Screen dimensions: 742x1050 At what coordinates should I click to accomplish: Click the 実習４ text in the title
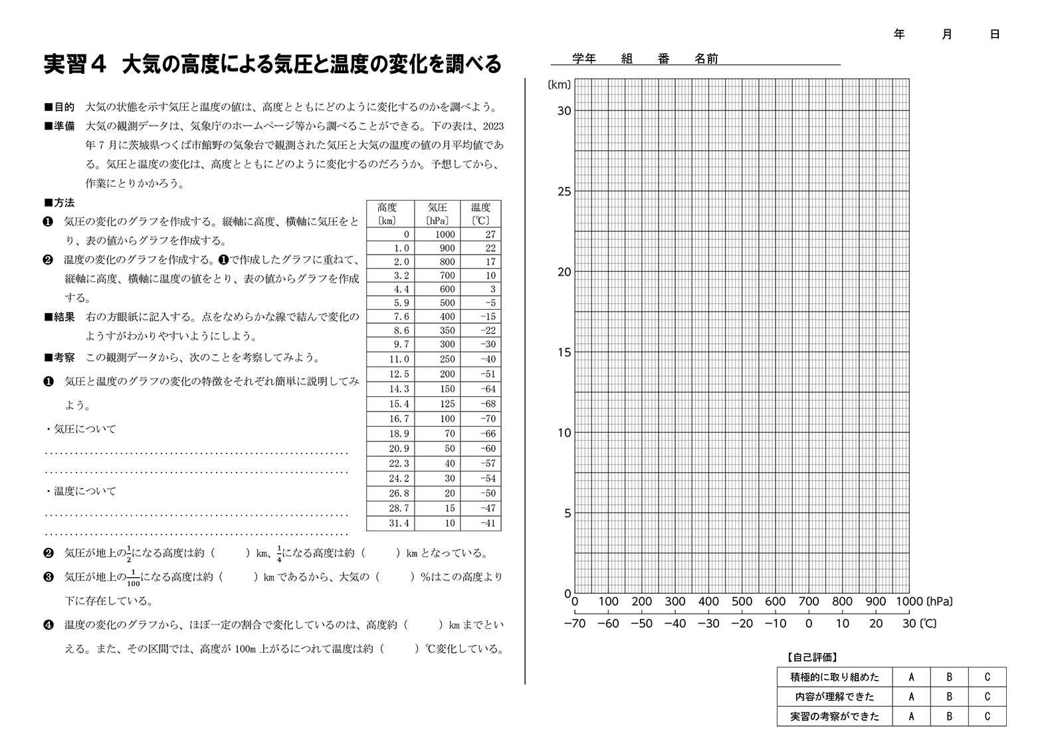(75, 64)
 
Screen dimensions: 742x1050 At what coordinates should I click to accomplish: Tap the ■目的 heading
(59, 107)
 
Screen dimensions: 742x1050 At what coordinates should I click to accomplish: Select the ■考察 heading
(59, 358)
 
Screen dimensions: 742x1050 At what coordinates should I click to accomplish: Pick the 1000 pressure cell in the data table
(445, 234)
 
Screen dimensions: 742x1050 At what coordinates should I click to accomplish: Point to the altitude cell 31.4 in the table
(399, 523)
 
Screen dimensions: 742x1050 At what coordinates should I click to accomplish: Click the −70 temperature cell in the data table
(487, 419)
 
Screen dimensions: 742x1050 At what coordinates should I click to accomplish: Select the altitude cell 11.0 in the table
(399, 359)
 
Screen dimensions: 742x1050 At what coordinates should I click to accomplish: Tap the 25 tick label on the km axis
(564, 191)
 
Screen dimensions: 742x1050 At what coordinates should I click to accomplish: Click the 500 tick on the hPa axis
(742, 602)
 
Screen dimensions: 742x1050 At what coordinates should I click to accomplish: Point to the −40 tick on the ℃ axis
(675, 624)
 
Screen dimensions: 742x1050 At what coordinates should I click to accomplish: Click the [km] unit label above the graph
(559, 84)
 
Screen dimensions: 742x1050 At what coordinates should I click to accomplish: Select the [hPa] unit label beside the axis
(938, 602)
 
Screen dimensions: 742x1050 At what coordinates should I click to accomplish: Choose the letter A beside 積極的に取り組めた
(911, 677)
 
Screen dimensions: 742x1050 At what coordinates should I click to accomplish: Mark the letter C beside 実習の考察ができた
(987, 716)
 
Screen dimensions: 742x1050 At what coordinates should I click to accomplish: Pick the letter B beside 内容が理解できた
(949, 697)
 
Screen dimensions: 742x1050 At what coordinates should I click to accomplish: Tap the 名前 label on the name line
(706, 59)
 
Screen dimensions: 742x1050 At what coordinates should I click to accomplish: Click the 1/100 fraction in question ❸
(133, 576)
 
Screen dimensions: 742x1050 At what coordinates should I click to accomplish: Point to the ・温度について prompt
(80, 491)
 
